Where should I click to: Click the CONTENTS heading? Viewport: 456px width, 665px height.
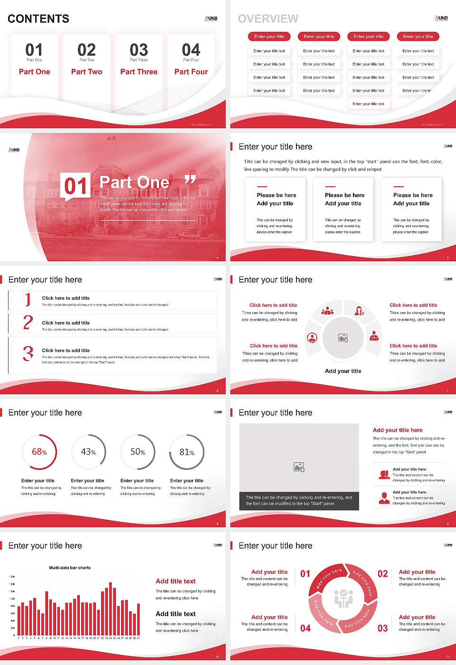coord(38,19)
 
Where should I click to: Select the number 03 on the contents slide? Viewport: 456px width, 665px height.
coord(139,50)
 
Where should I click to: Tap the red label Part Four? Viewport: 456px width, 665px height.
coord(191,72)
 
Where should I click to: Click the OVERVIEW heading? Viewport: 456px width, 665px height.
coord(268,19)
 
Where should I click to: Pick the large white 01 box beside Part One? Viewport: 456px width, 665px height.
coord(76,186)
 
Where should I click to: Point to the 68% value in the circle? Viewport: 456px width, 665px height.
coord(39,452)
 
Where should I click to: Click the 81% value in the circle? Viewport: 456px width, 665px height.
coord(187,452)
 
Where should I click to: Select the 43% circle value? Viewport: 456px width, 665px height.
coord(88,452)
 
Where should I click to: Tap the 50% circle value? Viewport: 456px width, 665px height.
coord(138,452)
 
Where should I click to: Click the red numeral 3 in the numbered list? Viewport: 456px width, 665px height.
coord(28,353)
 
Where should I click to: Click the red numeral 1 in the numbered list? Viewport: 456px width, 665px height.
coord(28,300)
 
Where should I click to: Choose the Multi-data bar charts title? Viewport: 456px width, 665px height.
coord(70,568)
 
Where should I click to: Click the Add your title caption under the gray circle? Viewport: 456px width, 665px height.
coord(343,371)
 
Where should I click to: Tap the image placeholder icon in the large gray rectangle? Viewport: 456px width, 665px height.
coord(299,467)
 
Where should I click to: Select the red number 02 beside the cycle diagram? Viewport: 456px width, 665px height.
coord(382,574)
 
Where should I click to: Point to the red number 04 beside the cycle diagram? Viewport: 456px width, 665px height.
coord(305,628)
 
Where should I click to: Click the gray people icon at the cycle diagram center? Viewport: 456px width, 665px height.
coord(343,598)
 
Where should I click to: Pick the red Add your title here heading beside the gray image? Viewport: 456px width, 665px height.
coord(398,430)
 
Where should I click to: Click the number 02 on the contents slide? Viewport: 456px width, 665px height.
coord(86,50)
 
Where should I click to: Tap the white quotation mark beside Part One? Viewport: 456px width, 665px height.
coord(190,180)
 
